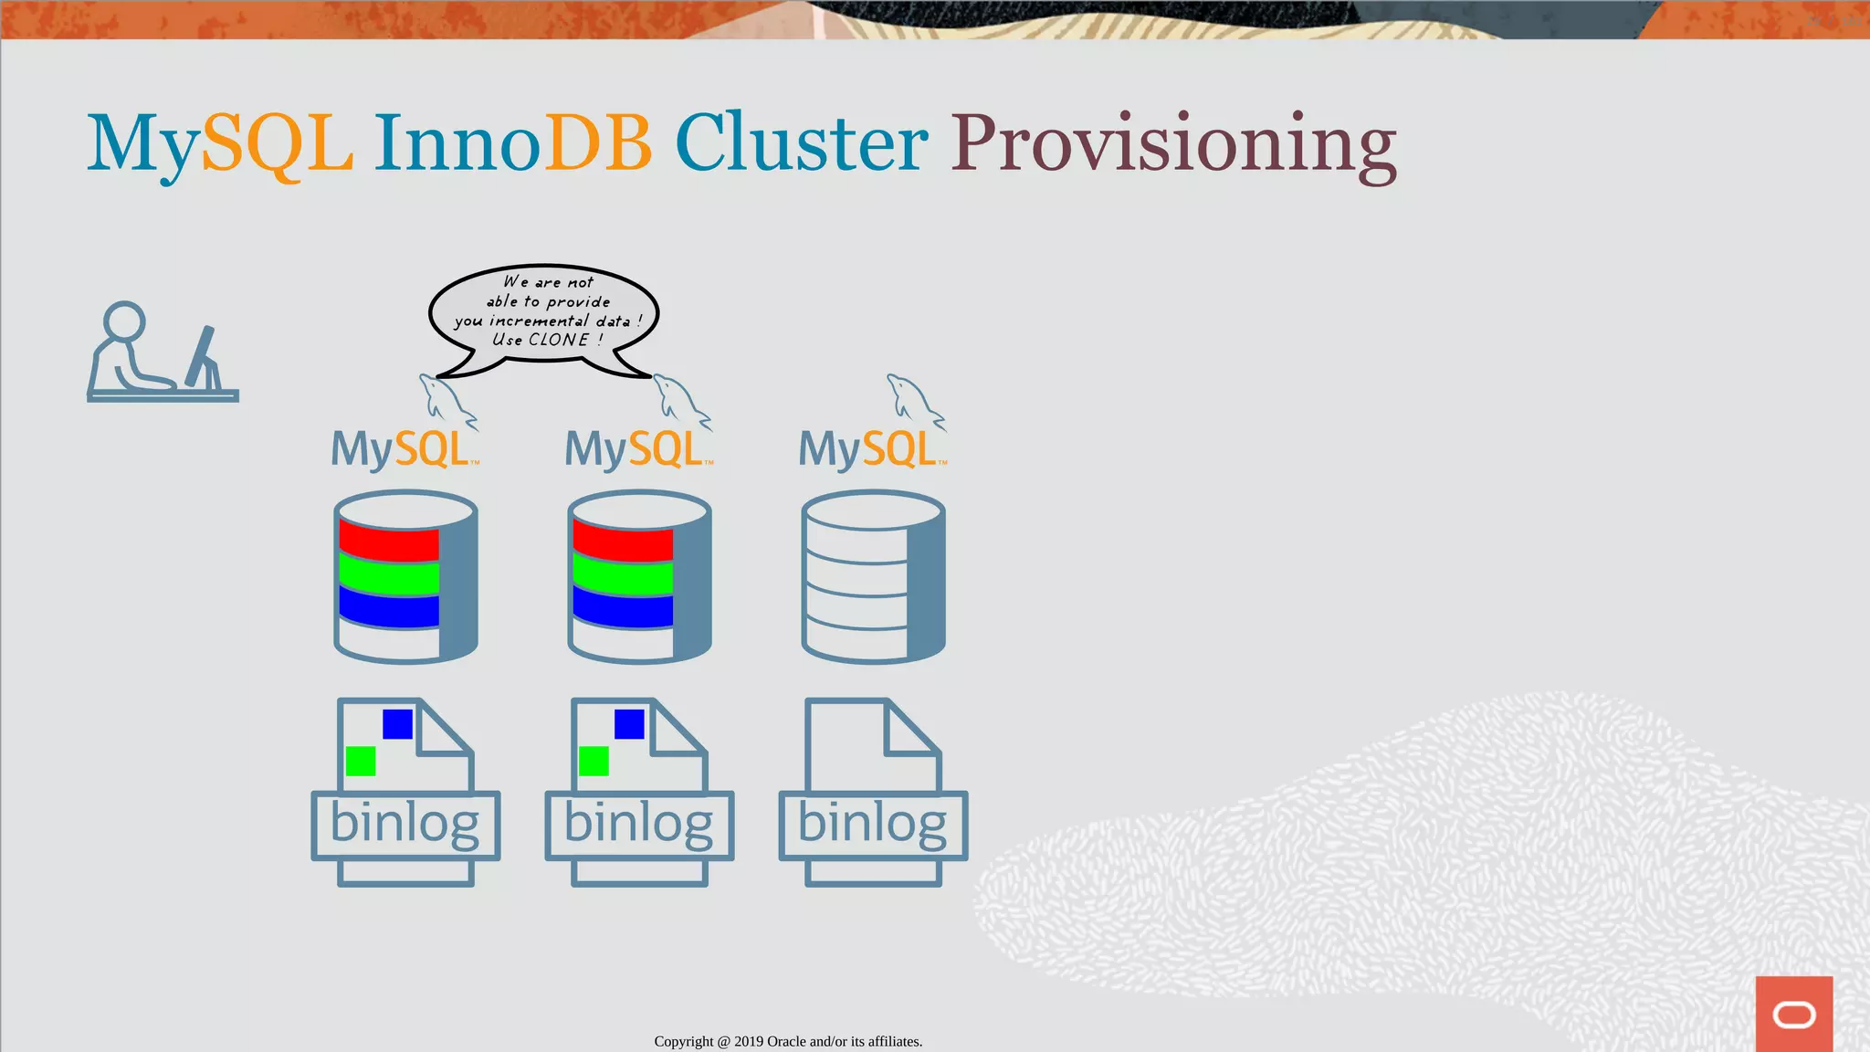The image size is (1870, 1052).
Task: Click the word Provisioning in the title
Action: click(1173, 144)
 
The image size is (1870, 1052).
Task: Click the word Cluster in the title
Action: click(801, 144)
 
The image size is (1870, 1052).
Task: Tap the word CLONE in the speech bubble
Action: click(559, 340)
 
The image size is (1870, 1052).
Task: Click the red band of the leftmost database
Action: click(389, 540)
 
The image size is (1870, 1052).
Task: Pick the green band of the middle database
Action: click(623, 576)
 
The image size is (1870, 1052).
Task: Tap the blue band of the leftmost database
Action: click(389, 607)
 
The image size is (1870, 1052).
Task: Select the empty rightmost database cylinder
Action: click(872, 576)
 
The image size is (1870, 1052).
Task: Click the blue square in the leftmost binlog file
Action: click(397, 724)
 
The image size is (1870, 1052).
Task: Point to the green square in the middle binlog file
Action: click(594, 761)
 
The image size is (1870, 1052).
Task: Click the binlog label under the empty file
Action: click(872, 824)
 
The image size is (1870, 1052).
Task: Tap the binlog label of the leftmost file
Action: click(404, 824)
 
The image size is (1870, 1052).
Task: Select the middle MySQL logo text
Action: click(636, 449)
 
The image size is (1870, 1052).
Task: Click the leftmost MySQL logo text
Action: click(403, 449)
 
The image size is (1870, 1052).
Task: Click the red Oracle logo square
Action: click(1793, 1014)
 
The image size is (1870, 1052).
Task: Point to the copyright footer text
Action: click(788, 1041)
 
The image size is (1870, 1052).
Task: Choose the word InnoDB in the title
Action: click(512, 144)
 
